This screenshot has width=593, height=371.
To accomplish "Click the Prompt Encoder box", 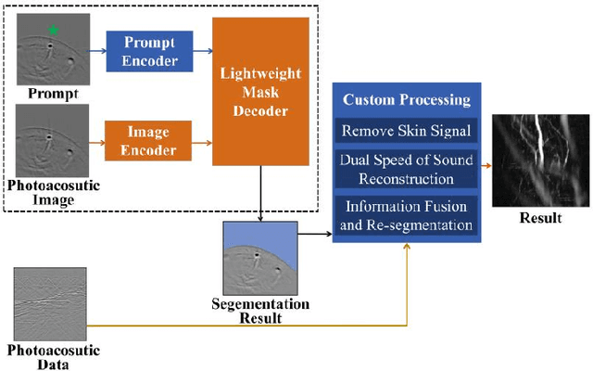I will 148,50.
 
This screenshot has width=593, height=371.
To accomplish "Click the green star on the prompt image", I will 54,31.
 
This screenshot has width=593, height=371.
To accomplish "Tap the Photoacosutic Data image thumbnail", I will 51,302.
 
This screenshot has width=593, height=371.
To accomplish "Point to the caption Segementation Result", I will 259,312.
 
